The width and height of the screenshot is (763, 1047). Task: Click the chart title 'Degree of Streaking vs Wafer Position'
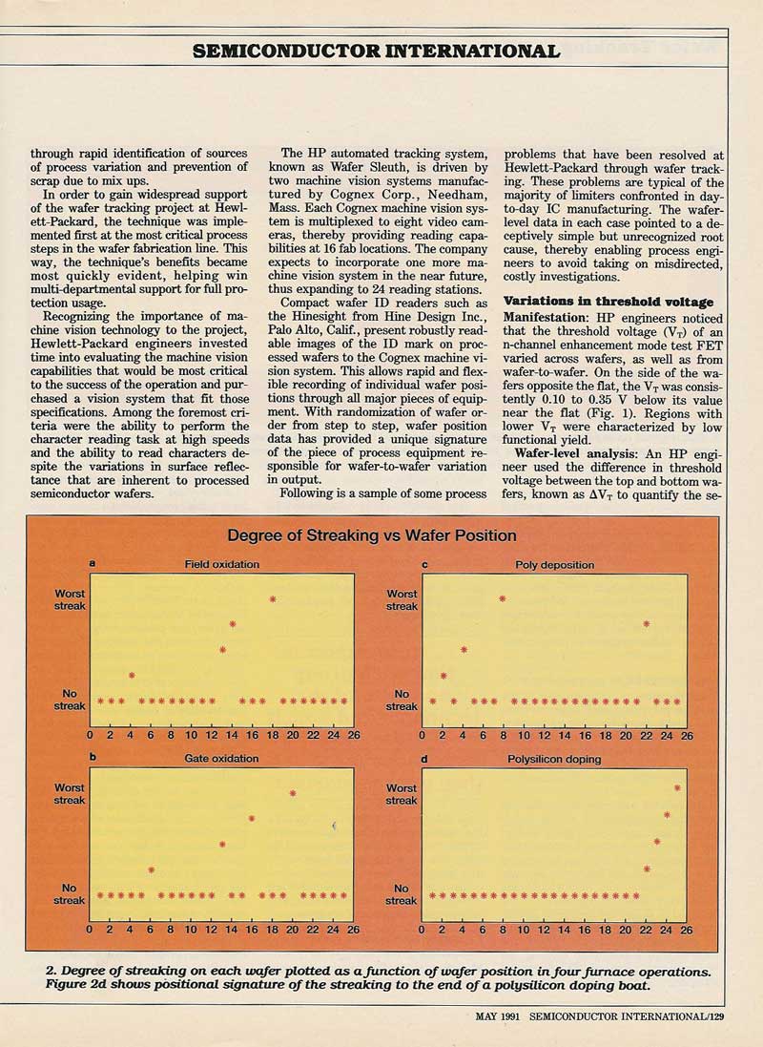[372, 535]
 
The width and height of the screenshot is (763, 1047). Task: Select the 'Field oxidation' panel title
[221, 564]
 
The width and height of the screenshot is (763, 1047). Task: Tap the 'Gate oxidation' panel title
[221, 758]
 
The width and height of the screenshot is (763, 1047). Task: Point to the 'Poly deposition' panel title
[554, 565]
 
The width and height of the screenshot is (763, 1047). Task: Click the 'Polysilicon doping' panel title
[554, 759]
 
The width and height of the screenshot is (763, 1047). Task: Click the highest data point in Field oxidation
[273, 599]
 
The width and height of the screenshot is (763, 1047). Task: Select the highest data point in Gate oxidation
[293, 793]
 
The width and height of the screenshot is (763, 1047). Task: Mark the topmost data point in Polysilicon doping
[677, 787]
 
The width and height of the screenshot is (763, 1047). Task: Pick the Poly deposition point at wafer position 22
[647, 624]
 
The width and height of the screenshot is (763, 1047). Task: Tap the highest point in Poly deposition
[503, 598]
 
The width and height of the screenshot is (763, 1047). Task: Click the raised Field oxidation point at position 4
[132, 675]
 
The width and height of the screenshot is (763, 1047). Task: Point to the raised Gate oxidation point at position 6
[152, 869]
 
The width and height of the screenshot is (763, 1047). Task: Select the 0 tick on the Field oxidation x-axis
[90, 736]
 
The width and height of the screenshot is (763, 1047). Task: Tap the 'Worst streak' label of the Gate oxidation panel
[70, 794]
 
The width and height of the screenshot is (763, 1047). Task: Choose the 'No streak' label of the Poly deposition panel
[402, 701]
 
